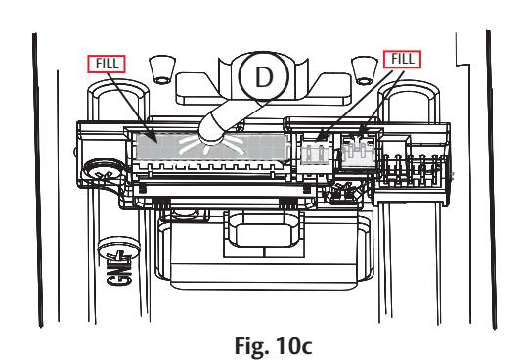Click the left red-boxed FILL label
click(107, 64)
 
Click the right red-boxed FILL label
click(402, 60)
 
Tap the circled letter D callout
click(264, 76)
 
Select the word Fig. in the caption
click(251, 345)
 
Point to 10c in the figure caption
click(294, 345)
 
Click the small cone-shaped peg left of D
click(162, 69)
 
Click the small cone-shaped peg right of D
click(365, 70)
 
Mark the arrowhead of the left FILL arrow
click(153, 138)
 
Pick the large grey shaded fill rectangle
click(212, 147)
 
